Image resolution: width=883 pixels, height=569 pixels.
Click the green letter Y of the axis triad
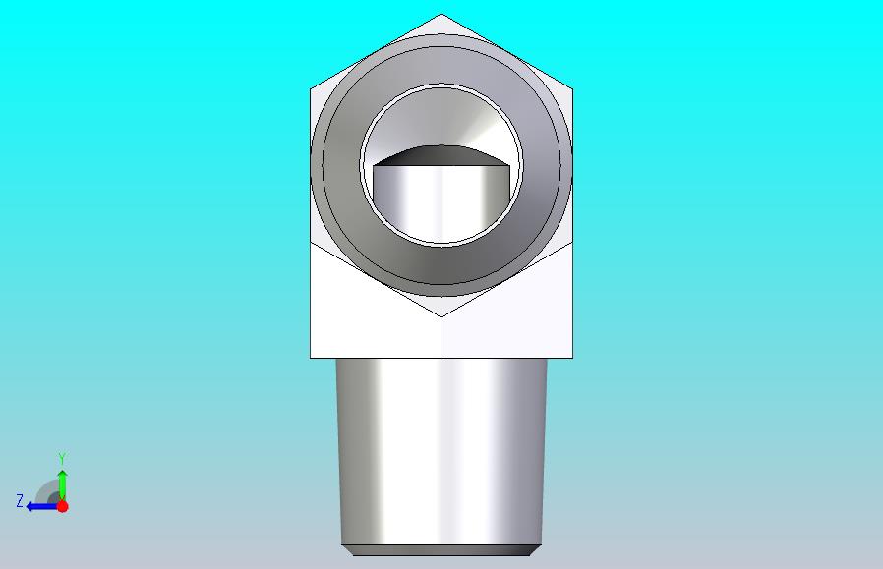click(63, 458)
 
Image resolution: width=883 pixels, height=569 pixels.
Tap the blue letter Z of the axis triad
click(20, 501)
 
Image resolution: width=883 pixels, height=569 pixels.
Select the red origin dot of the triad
click(63, 506)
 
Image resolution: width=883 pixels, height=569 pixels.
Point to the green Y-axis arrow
click(63, 485)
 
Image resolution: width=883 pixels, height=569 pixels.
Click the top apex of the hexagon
click(441, 14)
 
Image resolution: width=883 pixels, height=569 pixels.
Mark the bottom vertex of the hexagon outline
click(441, 316)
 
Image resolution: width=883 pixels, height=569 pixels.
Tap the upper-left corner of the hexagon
click(311, 88)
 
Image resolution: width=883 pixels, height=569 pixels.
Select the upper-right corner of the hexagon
click(572, 88)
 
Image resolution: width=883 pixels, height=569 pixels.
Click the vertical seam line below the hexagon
click(441, 337)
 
